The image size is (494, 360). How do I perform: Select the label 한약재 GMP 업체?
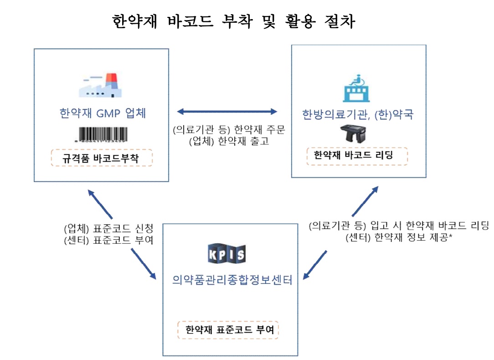tap(103, 113)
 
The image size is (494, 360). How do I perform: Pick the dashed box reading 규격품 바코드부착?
tap(101, 158)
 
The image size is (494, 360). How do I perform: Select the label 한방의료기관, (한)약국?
tap(357, 114)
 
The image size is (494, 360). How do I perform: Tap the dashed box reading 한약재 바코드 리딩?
tap(357, 155)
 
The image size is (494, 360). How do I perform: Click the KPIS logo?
tap(226, 254)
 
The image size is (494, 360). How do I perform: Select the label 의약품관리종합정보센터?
tap(232, 279)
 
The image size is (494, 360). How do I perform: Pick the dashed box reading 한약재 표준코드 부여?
tap(227, 329)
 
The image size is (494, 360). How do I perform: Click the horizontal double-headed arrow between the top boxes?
tap(227, 111)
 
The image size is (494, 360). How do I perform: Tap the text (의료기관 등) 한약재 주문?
tap(229, 130)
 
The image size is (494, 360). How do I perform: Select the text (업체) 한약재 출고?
tap(229, 141)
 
